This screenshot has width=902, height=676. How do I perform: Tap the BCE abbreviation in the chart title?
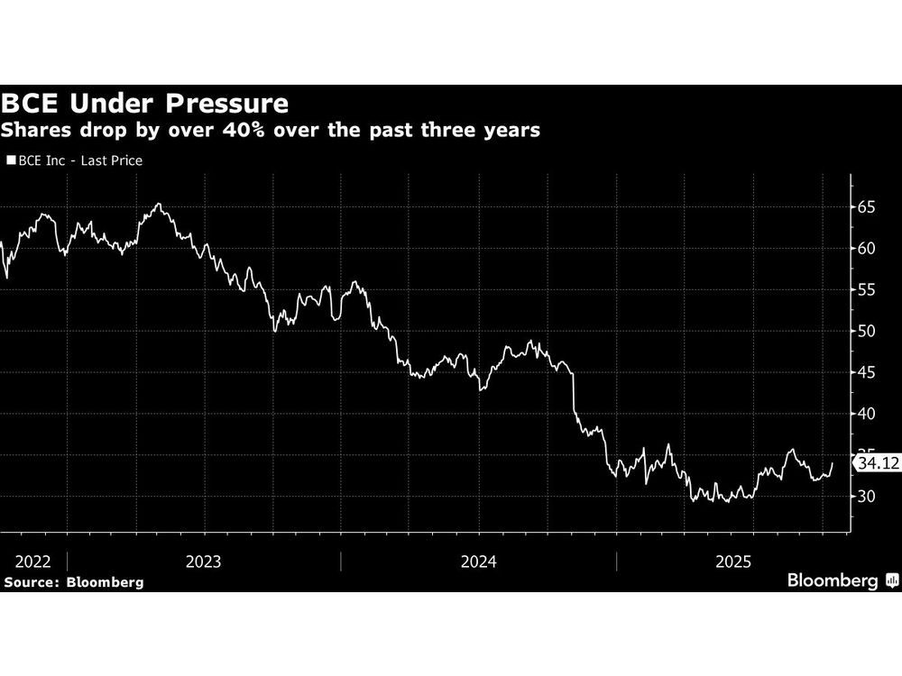tap(34, 102)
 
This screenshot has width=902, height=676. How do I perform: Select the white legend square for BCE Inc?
tap(10, 160)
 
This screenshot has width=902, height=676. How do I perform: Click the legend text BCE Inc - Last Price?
tap(79, 160)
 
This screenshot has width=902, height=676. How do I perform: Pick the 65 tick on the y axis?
tap(867, 206)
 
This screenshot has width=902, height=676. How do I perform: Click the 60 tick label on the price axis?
tap(867, 248)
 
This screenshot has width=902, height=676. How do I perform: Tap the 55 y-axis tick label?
tap(867, 289)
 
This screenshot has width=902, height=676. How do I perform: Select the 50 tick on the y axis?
tap(867, 331)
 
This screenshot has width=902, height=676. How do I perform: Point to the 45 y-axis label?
tap(867, 372)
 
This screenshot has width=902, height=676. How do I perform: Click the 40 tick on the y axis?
tap(867, 414)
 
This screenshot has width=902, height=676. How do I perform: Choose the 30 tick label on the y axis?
tap(867, 497)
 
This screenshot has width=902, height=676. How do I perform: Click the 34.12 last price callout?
tap(877, 463)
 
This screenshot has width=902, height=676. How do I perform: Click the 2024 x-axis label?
tap(478, 561)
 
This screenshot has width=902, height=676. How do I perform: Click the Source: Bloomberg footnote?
tap(74, 582)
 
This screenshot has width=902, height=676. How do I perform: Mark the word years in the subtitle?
tap(511, 131)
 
